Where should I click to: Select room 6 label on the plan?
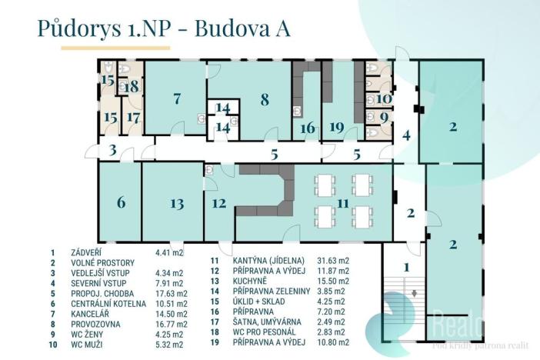click(x=121, y=202)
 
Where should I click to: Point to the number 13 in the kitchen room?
click(x=177, y=203)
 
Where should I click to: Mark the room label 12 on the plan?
click(x=219, y=203)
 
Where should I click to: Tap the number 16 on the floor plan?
click(x=308, y=128)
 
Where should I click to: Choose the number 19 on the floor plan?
click(x=335, y=128)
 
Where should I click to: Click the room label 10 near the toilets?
click(x=383, y=98)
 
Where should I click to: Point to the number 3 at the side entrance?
click(x=112, y=149)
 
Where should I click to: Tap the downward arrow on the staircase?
click(x=414, y=293)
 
